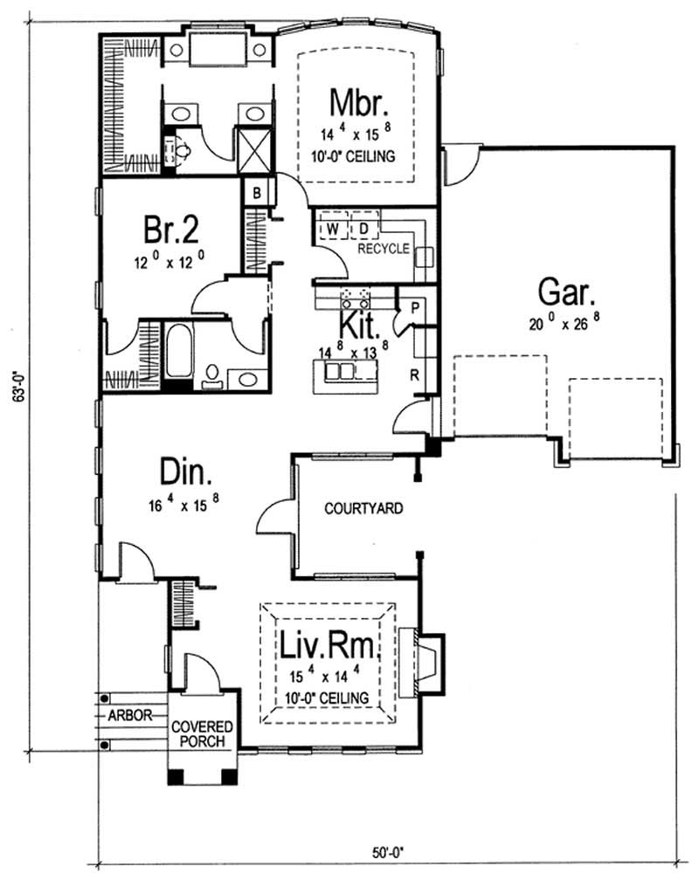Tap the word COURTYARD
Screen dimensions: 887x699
(363, 508)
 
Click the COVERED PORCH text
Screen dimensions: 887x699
(202, 734)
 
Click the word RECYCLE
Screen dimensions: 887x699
(384, 249)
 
